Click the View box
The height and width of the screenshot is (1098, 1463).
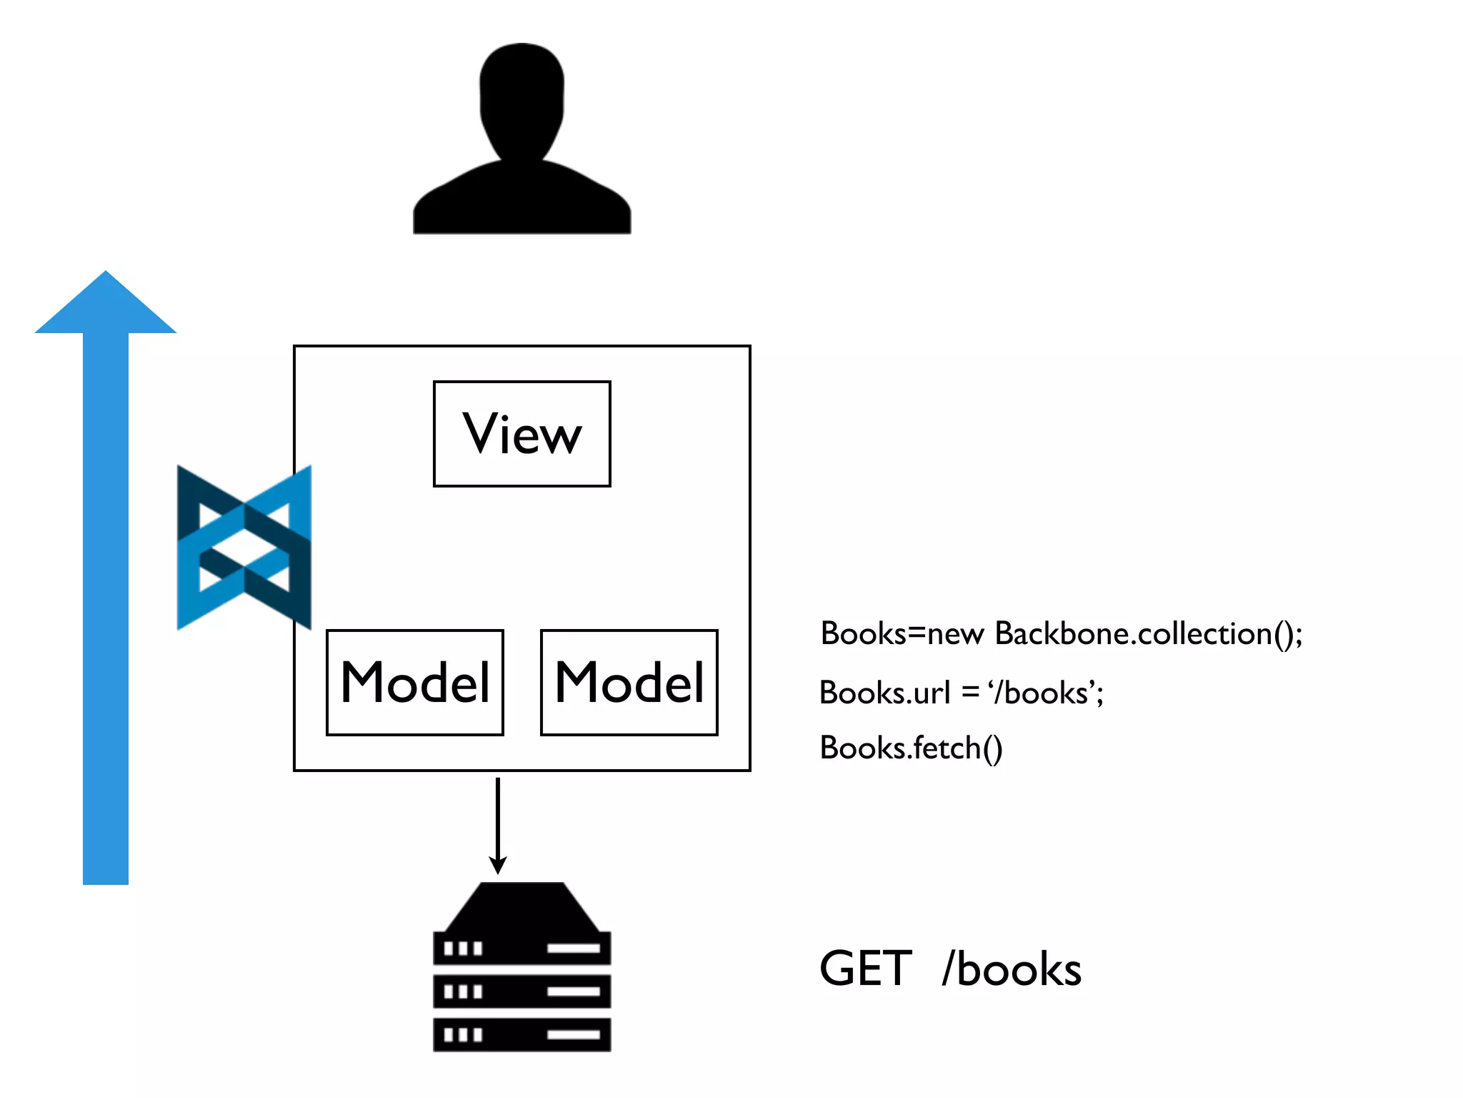pos(522,434)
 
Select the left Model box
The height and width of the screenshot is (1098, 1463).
pos(415,683)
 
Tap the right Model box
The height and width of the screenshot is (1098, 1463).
pos(629,683)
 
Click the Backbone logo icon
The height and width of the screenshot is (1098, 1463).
pos(244,548)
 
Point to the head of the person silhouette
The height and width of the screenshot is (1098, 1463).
pos(522,100)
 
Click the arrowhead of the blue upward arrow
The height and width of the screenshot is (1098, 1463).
pos(106,304)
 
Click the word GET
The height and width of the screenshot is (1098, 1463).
pos(865,969)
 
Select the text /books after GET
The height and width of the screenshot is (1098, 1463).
pos(1012,970)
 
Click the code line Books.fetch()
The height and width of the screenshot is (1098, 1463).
pos(911,748)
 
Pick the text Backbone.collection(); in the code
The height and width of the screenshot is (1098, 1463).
pos(1149,634)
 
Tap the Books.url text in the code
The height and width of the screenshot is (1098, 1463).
pos(884,693)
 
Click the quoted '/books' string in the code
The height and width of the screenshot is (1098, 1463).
pos(1046,693)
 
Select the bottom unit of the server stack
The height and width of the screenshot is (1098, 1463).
pos(522,1034)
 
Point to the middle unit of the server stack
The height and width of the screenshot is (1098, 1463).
pos(522,991)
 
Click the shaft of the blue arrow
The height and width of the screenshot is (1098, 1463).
pos(106,608)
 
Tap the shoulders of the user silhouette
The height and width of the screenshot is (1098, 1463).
pos(522,200)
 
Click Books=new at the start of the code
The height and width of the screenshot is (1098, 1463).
pos(902,634)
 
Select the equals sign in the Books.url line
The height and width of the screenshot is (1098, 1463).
pos(969,693)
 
